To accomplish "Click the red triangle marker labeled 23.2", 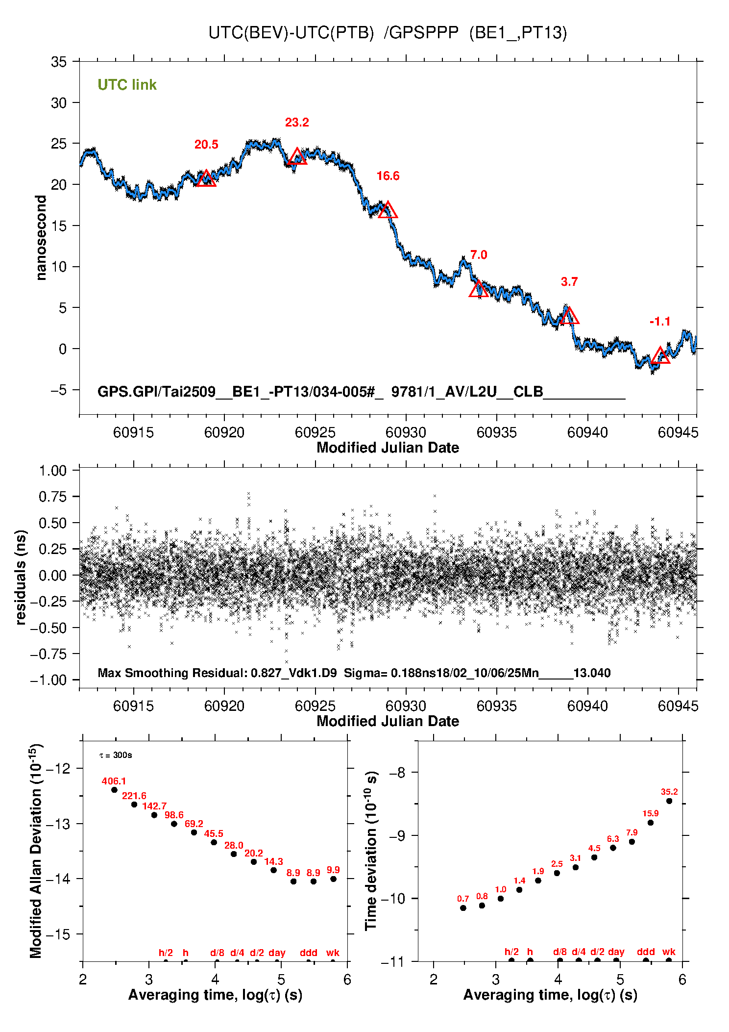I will coord(297,157).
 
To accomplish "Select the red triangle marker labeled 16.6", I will coord(388,210).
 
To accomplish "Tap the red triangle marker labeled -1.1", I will coord(660,355).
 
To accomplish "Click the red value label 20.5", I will coord(206,145).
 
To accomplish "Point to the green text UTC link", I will coord(127,85).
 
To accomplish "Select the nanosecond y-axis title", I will coord(41,238).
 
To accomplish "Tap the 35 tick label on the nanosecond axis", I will coord(58,62).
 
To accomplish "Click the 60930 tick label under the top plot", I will coord(406,432).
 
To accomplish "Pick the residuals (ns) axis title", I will coord(21,577).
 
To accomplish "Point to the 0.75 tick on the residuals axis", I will coord(52,497).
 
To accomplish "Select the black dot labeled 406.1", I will coord(114,790).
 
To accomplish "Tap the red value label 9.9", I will coord(333,870).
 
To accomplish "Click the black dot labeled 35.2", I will coord(669,801).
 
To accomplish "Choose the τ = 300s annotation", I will coord(116,755).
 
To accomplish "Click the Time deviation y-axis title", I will coord(371,851).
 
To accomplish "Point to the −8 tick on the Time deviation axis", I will coord(399,773).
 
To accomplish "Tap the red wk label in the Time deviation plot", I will coord(669,952).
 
